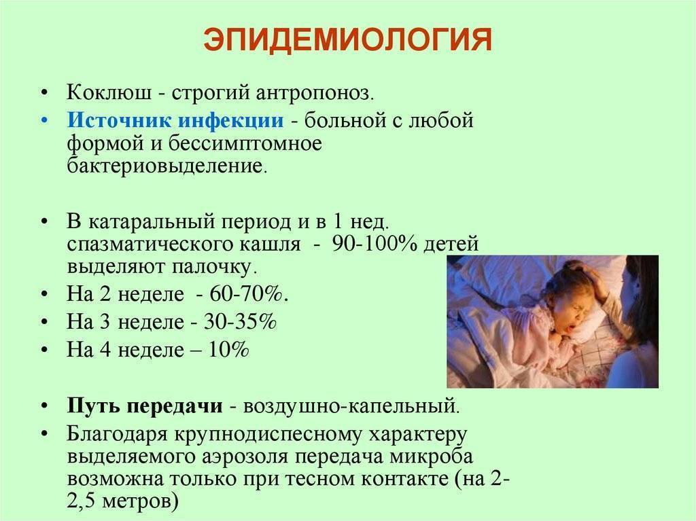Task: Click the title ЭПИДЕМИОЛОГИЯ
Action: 347,40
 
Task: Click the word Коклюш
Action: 107,93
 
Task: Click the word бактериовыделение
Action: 167,166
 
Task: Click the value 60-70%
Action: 249,293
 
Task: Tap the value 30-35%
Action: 240,321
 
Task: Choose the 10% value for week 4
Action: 228,349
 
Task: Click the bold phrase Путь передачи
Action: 145,406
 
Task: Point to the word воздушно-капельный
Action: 351,407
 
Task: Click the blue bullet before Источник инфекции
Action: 44,120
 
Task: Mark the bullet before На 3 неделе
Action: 44,322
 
